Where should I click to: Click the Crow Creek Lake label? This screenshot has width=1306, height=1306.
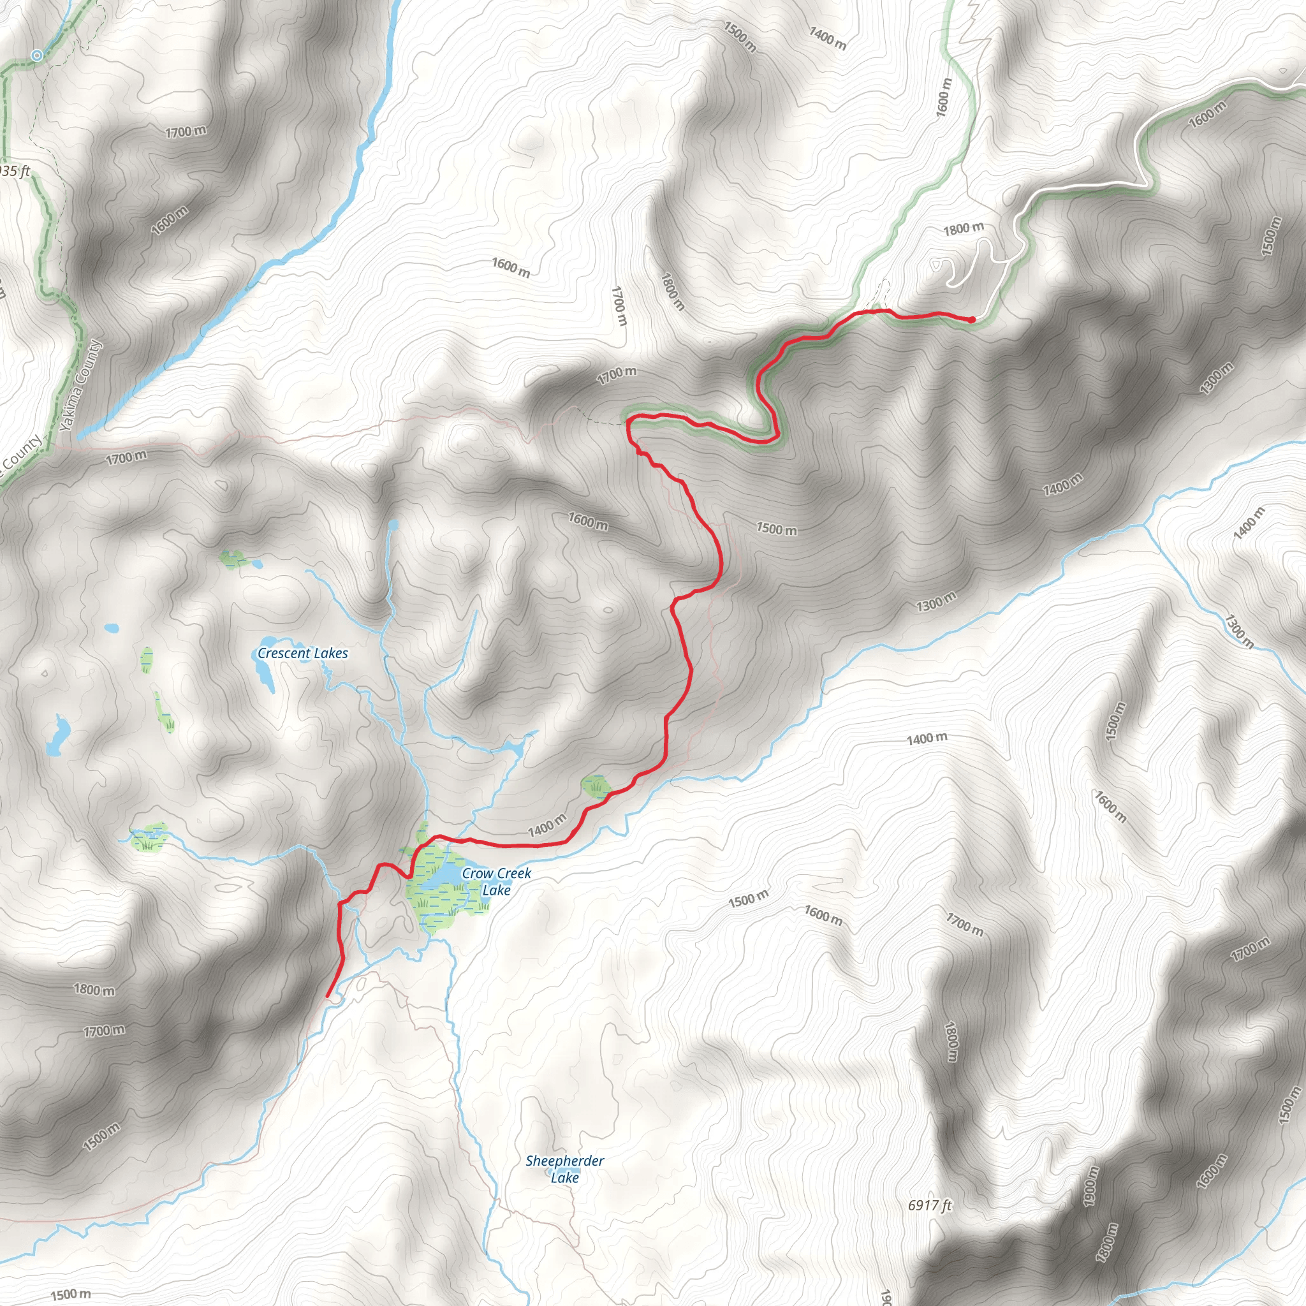click(496, 881)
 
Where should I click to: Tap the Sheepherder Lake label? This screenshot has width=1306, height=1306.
click(564, 1169)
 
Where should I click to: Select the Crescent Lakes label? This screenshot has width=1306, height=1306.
click(302, 653)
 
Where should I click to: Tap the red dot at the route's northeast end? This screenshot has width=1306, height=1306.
click(971, 319)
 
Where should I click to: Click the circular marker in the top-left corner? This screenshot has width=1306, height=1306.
click(37, 55)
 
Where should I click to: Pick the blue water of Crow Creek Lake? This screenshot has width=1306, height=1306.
click(443, 876)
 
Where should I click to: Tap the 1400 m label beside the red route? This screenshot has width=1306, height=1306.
click(547, 825)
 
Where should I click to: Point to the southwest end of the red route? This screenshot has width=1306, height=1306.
click(328, 995)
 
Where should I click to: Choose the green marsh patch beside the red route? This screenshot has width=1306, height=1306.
click(596, 787)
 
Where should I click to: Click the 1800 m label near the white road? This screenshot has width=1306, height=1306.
click(964, 228)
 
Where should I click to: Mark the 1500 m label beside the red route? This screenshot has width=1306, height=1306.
click(776, 529)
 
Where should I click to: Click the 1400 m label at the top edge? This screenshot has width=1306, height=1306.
click(827, 38)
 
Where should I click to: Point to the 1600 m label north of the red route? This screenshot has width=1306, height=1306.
click(587, 521)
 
